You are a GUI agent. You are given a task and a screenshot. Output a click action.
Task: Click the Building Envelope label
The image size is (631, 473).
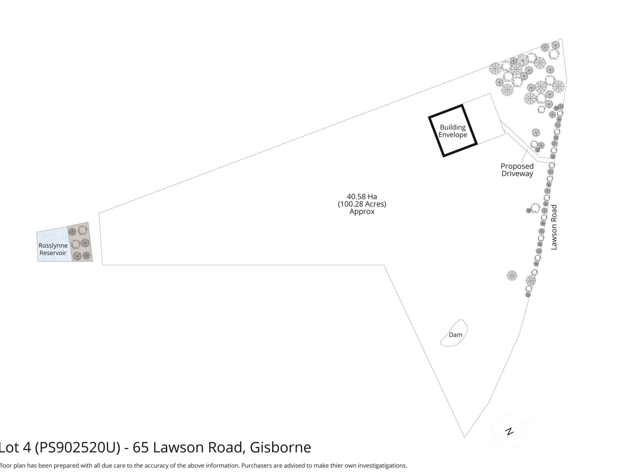pyautogui.click(x=453, y=131)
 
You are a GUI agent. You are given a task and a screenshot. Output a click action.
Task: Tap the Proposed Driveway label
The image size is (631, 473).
pyautogui.click(x=517, y=170)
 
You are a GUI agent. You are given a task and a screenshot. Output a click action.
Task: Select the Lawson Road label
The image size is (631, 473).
pyautogui.click(x=554, y=227)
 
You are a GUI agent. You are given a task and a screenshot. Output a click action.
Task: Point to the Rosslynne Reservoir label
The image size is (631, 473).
pyautogui.click(x=53, y=249)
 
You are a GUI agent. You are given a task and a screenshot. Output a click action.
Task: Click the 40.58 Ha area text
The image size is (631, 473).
pyautogui.click(x=362, y=196)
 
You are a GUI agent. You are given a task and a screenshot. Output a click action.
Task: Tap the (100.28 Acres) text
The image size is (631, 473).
pyautogui.click(x=362, y=204)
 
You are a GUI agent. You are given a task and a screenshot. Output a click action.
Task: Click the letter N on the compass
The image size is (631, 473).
pyautogui.click(x=509, y=431)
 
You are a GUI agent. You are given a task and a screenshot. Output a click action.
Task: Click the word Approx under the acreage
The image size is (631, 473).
pyautogui.click(x=362, y=211)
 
